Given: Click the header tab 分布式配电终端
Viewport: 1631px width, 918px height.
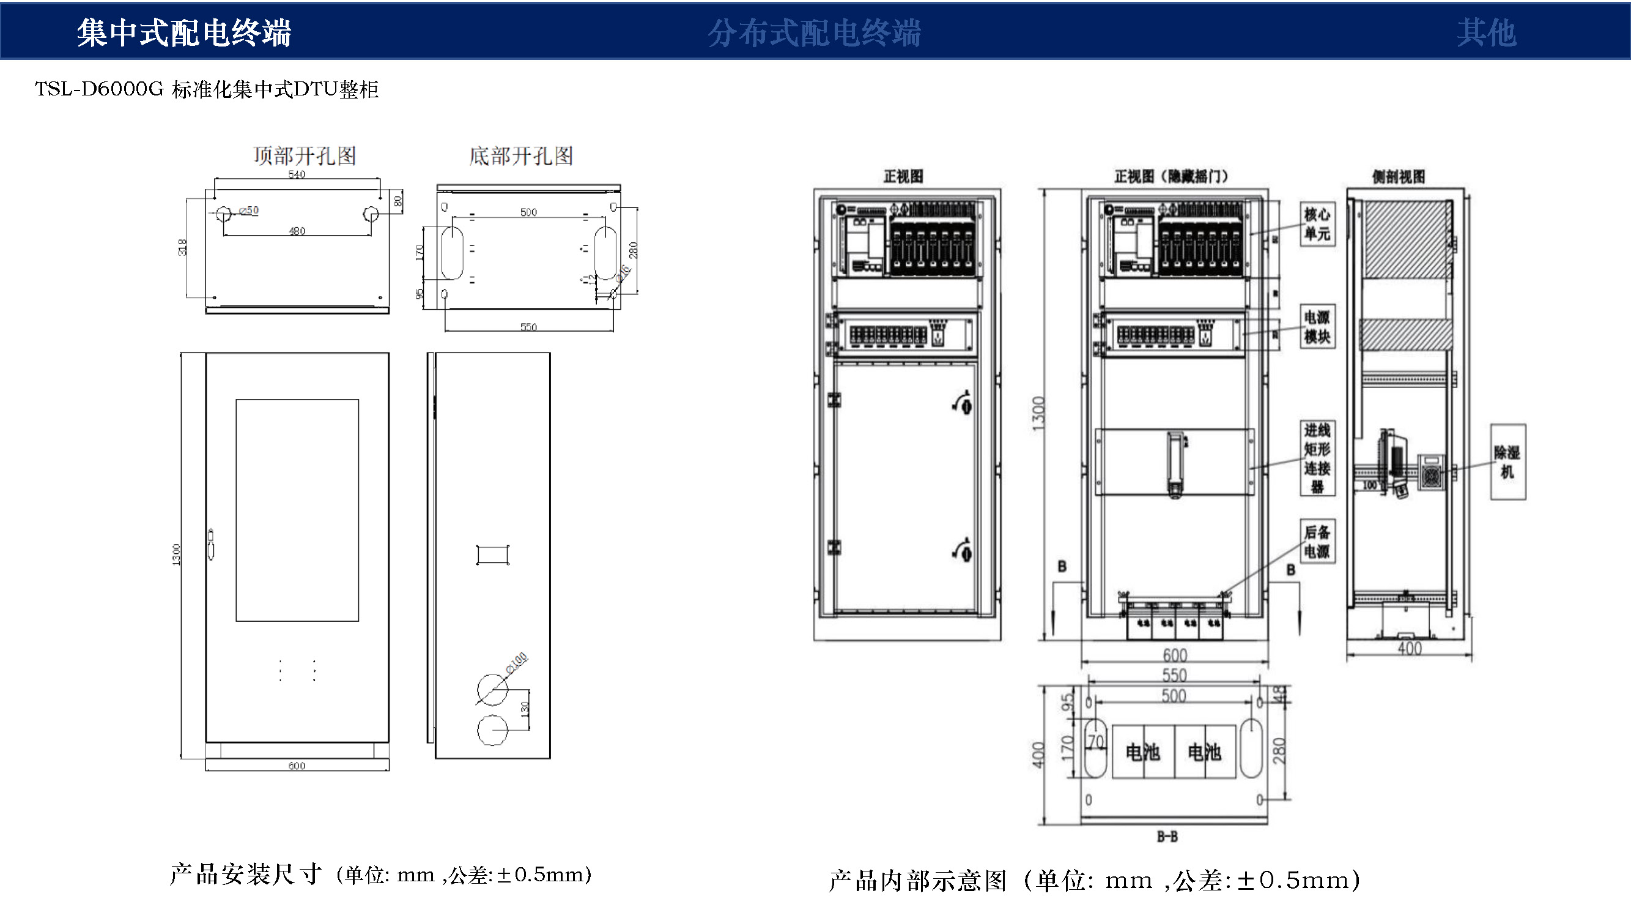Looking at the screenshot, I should point(814,32).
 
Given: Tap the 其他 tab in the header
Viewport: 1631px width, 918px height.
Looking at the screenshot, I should point(1486,32).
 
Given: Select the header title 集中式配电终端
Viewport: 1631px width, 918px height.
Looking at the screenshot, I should point(183,32).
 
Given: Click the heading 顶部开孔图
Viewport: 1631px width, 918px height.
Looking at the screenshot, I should point(305,155).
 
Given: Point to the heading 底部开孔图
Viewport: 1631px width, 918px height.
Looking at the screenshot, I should point(521,155).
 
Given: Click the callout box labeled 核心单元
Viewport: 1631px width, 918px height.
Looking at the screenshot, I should point(1317,223).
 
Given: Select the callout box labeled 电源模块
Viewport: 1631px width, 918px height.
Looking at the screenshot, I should point(1317,327).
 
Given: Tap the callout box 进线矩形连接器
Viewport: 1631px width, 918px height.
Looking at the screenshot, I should point(1317,458).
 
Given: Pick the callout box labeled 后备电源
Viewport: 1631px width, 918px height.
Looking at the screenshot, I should point(1317,542).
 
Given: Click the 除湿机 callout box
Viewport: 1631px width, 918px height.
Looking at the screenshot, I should point(1507,462).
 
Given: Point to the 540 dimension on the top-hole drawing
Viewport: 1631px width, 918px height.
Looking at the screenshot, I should point(297,174).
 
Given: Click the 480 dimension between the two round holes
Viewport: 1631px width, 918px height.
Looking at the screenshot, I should point(297,231).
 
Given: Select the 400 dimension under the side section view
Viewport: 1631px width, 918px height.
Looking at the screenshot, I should point(1410,648).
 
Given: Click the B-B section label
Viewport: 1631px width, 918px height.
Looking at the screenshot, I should point(1167,837).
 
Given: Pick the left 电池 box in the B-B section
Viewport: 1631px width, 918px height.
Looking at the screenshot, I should point(1143,752).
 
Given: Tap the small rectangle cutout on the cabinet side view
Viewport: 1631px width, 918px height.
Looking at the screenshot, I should point(492,554).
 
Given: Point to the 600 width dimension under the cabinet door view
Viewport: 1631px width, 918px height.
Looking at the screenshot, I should point(297,766).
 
